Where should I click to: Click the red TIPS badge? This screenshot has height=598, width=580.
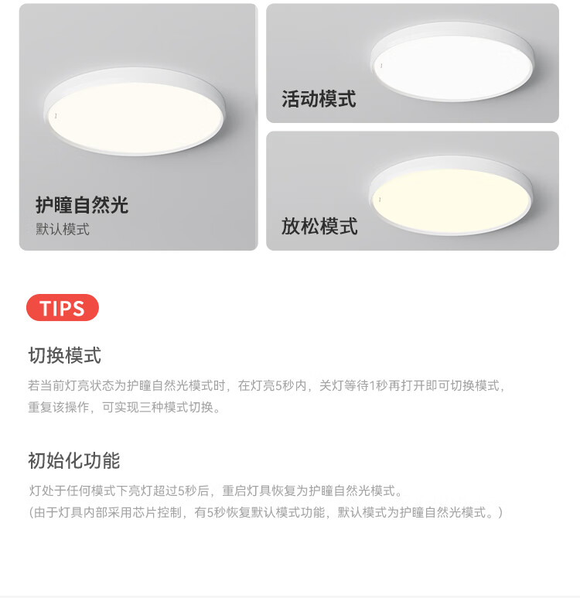[x=63, y=307]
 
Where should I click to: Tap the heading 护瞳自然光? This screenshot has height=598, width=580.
[x=82, y=205]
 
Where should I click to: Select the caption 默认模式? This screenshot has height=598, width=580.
[x=63, y=229]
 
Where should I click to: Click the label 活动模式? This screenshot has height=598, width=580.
[x=319, y=99]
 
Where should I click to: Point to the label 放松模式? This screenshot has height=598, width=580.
[x=319, y=226]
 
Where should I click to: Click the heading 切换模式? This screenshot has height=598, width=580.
[x=65, y=355]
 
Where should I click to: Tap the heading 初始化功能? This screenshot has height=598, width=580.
[x=74, y=460]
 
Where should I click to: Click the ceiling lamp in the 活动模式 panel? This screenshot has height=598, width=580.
[x=452, y=61]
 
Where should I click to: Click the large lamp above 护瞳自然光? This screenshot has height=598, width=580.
[x=135, y=111]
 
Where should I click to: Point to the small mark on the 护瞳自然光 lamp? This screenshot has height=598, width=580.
[x=56, y=115]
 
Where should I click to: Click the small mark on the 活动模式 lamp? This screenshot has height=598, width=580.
[x=381, y=66]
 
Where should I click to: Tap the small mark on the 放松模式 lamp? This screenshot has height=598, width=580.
[x=380, y=200]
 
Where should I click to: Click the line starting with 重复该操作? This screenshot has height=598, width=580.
[x=125, y=408]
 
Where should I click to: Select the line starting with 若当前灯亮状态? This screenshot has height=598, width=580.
[x=267, y=385]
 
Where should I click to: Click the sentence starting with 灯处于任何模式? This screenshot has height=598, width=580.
[x=216, y=490]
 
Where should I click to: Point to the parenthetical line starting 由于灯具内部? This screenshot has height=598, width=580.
[x=266, y=512]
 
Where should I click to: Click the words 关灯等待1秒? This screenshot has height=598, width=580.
[x=353, y=385]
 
